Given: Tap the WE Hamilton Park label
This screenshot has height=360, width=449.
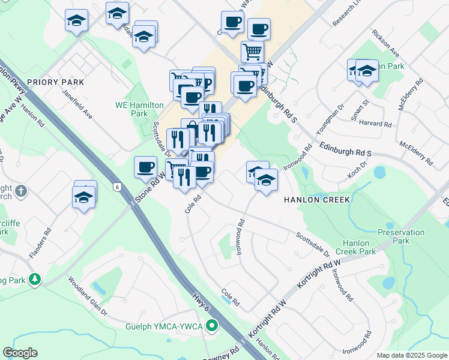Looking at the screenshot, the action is (139, 109).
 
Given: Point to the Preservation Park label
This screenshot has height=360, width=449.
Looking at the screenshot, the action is (393, 236).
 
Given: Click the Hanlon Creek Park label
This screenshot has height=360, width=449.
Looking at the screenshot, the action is (359, 247).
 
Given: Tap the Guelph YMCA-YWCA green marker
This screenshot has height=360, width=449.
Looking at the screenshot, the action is (211, 327).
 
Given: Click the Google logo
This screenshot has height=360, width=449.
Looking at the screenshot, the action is (20, 353).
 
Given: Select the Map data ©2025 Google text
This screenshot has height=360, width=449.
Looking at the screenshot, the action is (411, 355).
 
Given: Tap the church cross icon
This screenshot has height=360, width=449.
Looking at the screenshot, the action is (20, 191).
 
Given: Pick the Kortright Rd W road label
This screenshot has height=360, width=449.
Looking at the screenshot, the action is (311, 278).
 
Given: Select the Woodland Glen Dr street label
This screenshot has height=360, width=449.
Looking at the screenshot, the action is (87, 296).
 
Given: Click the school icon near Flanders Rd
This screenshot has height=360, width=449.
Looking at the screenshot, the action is (84, 196).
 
